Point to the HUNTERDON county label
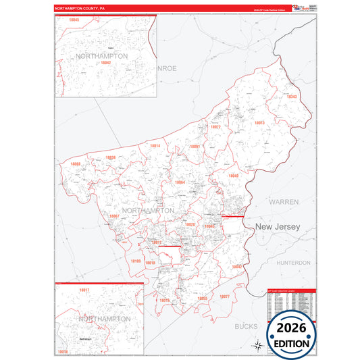pos(293,262)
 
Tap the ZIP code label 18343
pos(291,97)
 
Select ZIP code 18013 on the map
pos(259,123)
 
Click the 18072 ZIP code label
pos(215,127)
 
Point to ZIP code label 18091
pos(195,147)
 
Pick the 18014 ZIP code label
pos(155,146)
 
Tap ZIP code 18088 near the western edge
pos(75,164)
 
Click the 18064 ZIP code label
pos(180,182)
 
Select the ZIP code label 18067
pos(114,216)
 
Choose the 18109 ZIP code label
pos(134,261)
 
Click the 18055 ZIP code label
pos(202,297)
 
